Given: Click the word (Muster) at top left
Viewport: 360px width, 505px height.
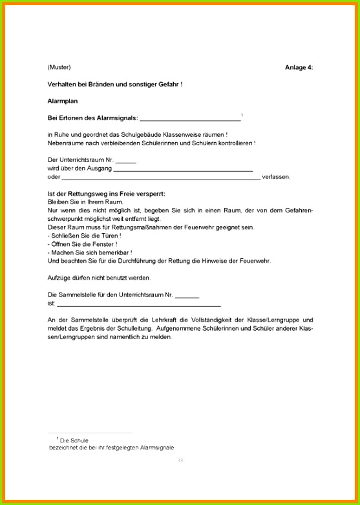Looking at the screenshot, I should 59,67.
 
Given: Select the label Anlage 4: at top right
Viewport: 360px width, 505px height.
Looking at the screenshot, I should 299,67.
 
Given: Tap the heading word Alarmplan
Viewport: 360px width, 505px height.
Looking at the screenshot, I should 62,101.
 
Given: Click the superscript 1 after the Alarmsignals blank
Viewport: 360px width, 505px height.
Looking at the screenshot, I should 242,115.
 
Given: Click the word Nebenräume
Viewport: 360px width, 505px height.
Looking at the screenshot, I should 67,143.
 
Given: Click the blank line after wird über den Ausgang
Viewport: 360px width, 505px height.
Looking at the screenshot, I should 182,170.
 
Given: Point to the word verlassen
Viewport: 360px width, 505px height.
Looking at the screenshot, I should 276,177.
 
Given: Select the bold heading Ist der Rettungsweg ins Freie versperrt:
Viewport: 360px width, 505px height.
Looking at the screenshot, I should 106,194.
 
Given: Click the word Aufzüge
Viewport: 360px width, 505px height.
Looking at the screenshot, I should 60,278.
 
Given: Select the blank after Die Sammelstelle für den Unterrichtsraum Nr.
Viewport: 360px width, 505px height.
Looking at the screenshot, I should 187,295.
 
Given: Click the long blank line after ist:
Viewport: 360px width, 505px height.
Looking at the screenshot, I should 138,304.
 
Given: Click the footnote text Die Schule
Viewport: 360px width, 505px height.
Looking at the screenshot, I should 74,440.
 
